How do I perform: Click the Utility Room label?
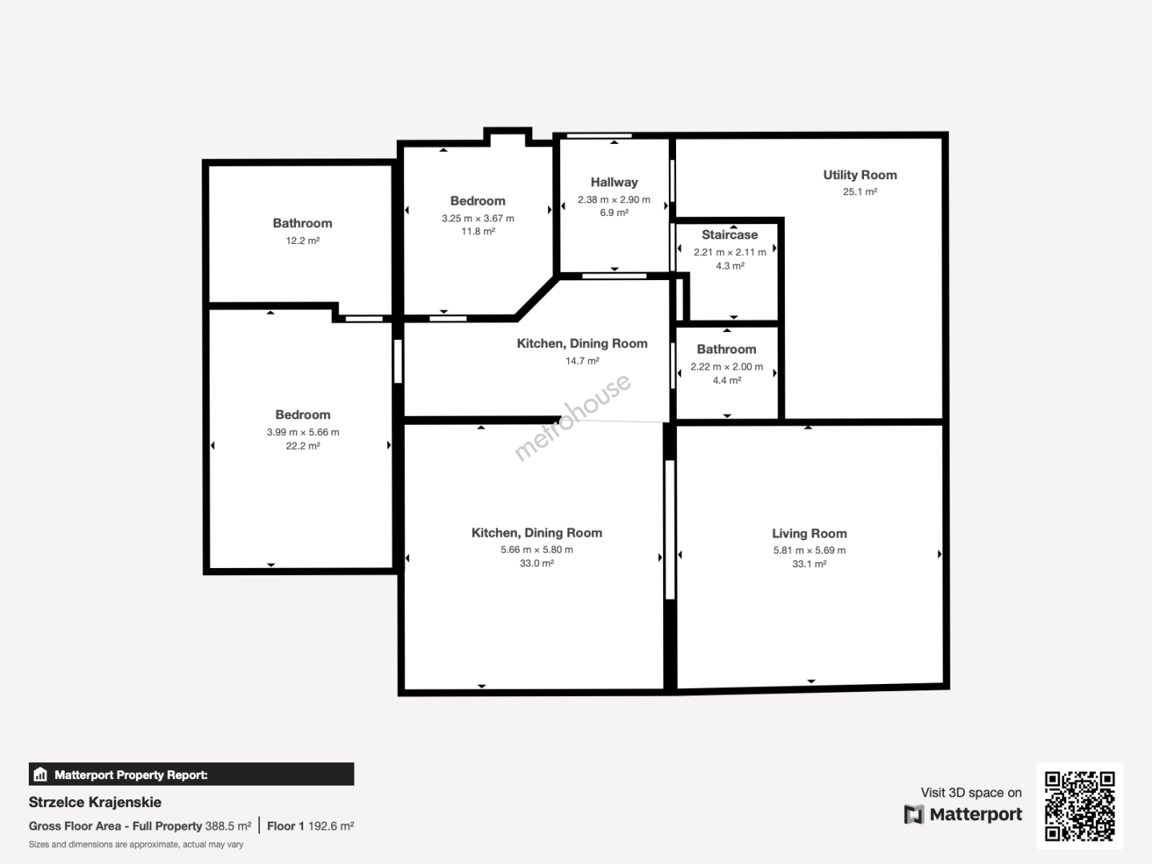point(860,175)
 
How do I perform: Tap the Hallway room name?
point(614,182)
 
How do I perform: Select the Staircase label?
point(730,234)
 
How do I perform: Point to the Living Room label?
point(810,534)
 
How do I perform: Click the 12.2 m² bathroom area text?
point(303,241)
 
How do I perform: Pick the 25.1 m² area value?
point(860,192)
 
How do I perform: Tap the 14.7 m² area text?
point(582,361)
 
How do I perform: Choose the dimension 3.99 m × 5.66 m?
point(303,432)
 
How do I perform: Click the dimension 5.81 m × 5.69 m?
point(810,550)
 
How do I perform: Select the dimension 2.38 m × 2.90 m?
point(614,200)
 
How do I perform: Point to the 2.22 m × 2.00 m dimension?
point(727,366)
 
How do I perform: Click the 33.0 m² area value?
point(537,563)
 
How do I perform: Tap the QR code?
point(1079,806)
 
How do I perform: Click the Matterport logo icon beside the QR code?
point(914,814)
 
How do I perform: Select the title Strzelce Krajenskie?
point(95,802)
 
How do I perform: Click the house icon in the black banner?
point(41,774)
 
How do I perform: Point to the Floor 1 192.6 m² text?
point(310,826)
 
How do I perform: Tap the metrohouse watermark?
point(572,418)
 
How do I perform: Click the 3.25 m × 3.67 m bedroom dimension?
point(478,218)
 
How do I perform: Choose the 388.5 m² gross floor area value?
point(228,826)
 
